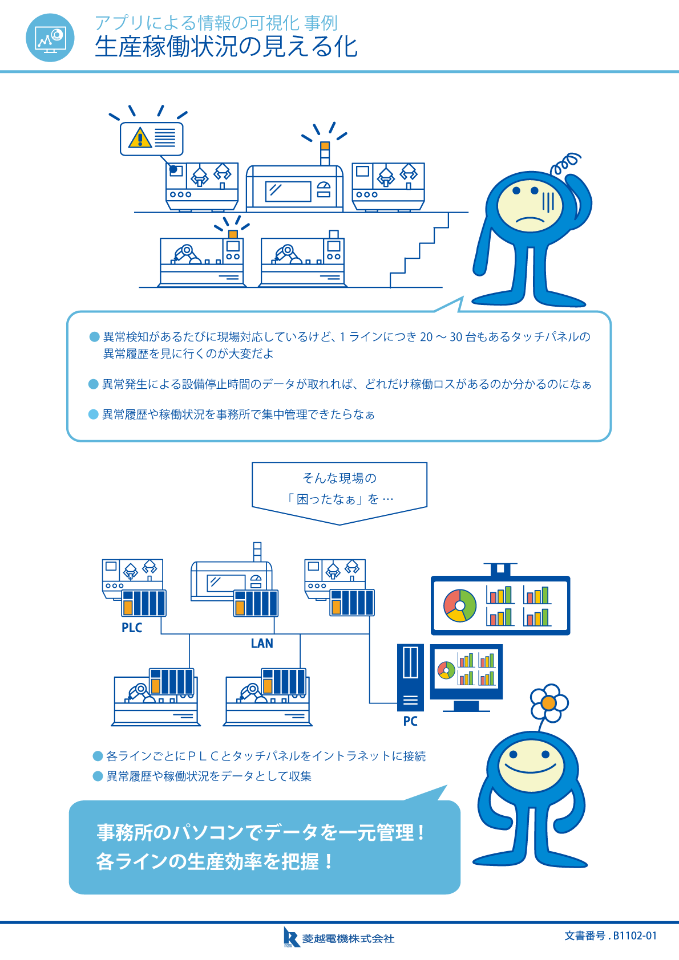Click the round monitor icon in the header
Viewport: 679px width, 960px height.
[x=50, y=38]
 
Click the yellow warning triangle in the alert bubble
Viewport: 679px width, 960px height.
[x=140, y=138]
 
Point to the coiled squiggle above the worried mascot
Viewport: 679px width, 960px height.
[x=565, y=163]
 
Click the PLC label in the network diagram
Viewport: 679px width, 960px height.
[x=132, y=628]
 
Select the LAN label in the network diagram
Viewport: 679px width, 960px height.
[x=262, y=644]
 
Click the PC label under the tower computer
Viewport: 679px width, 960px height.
[x=410, y=721]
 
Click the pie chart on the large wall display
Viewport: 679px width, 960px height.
[x=460, y=605]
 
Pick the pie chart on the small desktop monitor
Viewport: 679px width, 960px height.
[x=446, y=670]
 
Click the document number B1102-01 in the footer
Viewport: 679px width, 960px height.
[x=611, y=935]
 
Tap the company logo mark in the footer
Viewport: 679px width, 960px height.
[x=291, y=937]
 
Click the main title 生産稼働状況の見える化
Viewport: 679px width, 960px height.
[x=226, y=47]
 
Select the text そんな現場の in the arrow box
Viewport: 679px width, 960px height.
[x=339, y=478]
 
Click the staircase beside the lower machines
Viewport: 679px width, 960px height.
[x=419, y=251]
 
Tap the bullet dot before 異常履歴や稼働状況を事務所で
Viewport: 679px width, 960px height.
[x=94, y=414]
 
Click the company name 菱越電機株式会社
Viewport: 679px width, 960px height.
[x=348, y=938]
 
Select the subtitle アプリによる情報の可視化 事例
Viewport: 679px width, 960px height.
[x=216, y=23]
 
